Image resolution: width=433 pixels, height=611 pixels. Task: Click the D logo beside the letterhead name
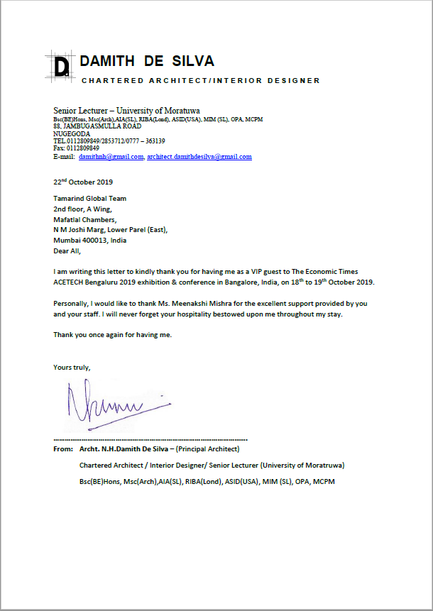pyautogui.click(x=62, y=66)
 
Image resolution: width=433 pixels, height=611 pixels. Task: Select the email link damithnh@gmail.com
pyautogui.click(x=111, y=156)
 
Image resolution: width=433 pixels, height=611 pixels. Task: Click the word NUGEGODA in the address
pyautogui.click(x=71, y=133)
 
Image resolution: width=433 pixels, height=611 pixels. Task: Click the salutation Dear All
pyautogui.click(x=67, y=251)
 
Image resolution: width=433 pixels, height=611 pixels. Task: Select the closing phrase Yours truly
pyautogui.click(x=72, y=367)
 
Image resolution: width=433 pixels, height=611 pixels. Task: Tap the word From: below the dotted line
pyautogui.click(x=63, y=449)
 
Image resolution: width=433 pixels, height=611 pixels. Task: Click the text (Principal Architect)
pyautogui.click(x=208, y=449)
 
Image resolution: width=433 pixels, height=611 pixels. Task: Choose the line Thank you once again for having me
pyautogui.click(x=112, y=334)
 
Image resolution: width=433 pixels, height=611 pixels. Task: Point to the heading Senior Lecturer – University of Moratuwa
pyautogui.click(x=126, y=111)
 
